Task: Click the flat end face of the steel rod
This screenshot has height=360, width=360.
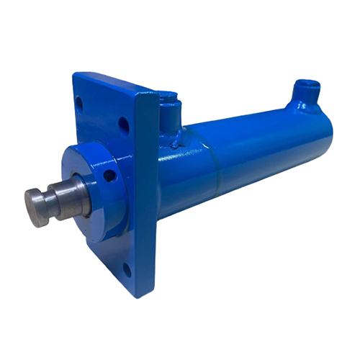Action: pos(33,206)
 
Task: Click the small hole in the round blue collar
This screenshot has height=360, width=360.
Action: pos(109,174)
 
